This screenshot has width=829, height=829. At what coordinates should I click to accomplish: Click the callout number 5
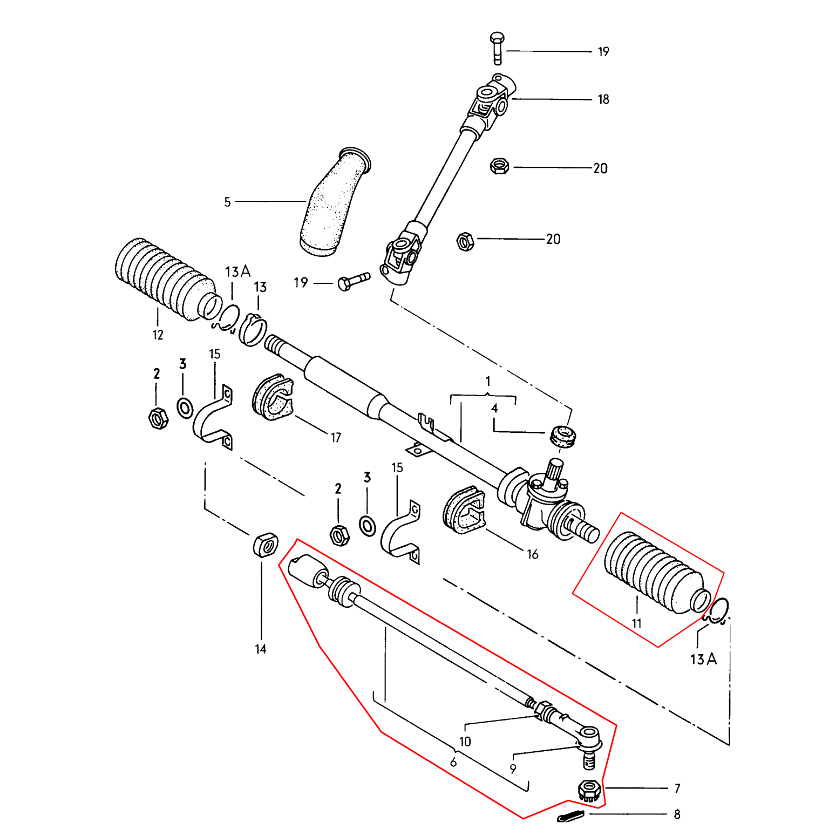coord(227,202)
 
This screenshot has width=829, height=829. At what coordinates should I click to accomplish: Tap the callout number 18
coord(603,99)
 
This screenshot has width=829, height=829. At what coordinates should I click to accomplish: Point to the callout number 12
coord(158,335)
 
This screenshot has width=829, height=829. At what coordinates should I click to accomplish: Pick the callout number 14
coord(261,649)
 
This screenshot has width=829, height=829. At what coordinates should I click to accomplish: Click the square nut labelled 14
coord(266,545)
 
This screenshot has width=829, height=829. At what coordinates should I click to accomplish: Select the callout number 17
coord(336,438)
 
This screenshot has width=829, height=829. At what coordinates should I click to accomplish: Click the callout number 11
coord(637,624)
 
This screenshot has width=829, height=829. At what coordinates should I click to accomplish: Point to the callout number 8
coord(677,814)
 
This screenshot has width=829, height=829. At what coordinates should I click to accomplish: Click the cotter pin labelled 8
coord(571,816)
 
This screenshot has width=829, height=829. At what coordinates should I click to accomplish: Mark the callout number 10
coord(465,742)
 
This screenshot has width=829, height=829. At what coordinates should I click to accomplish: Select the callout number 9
coord(513,769)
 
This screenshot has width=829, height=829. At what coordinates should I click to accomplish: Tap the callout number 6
coord(453,762)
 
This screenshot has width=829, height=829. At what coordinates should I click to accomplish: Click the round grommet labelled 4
coord(565,436)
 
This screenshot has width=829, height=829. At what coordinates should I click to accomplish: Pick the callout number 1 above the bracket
coord(488,382)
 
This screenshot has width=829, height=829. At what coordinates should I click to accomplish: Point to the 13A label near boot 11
coord(703,659)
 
